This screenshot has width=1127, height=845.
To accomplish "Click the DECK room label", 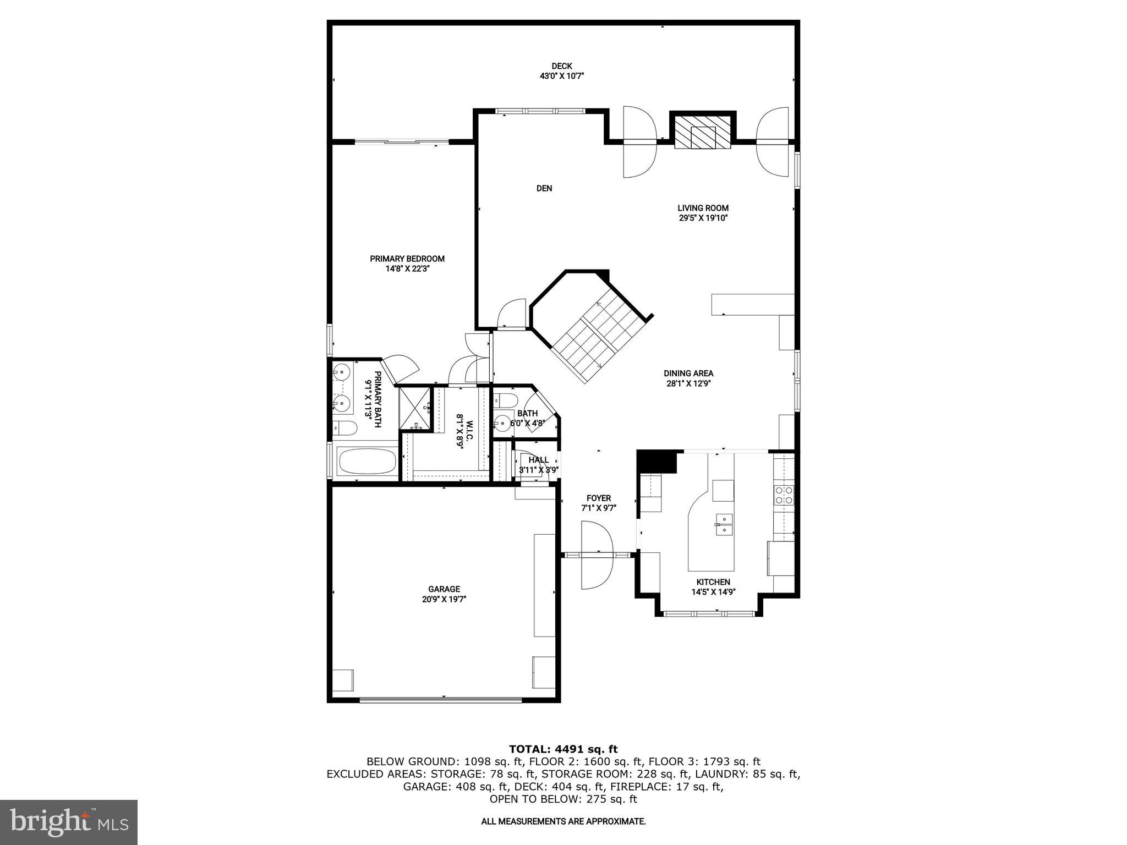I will (x=561, y=66).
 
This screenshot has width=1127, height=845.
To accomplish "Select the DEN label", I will (x=544, y=188).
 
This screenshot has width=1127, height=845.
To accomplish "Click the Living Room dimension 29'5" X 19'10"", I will (x=703, y=218).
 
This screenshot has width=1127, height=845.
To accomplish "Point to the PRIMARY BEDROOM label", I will (x=407, y=259).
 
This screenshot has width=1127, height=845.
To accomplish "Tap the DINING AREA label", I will (x=688, y=374).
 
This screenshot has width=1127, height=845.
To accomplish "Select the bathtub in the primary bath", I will (x=366, y=461).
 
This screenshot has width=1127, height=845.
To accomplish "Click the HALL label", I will (x=538, y=460).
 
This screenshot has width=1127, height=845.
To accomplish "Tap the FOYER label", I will (x=598, y=498).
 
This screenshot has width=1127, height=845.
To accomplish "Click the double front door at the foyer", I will (x=597, y=555).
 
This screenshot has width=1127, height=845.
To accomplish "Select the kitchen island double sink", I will (x=724, y=524).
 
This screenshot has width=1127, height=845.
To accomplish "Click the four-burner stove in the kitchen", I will (x=784, y=495).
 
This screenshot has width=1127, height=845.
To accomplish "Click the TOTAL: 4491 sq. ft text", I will (x=563, y=749).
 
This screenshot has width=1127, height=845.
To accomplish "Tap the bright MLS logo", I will (x=69, y=822).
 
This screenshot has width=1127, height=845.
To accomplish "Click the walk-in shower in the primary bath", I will (x=414, y=408).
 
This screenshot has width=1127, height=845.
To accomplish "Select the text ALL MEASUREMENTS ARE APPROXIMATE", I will (x=563, y=821).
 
